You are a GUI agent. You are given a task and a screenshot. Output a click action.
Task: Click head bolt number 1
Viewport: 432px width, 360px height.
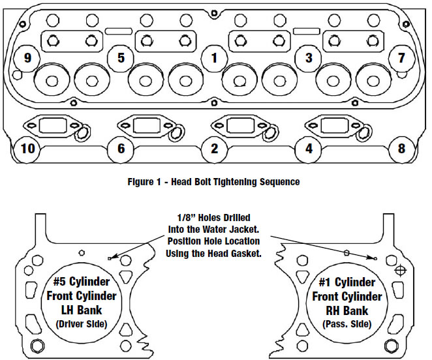pos(214,57)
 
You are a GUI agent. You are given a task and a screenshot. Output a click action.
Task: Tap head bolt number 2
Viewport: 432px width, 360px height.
pos(214,149)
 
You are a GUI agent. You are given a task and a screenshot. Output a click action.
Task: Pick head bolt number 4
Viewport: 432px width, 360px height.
pos(309,149)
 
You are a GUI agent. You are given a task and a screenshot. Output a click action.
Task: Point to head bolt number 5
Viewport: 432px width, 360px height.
pos(121,57)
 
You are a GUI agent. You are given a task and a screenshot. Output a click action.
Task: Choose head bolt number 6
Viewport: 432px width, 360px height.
pos(121,149)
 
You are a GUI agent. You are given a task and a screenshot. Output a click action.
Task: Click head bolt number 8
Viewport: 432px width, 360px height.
pos(401,149)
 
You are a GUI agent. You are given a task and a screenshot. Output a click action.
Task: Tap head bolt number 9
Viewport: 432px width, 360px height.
pos(27,57)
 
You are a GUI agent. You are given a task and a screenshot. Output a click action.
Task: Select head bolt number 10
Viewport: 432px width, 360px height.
pos(27,149)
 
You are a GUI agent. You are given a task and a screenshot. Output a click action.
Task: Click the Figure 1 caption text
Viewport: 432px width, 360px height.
pos(214,182)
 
